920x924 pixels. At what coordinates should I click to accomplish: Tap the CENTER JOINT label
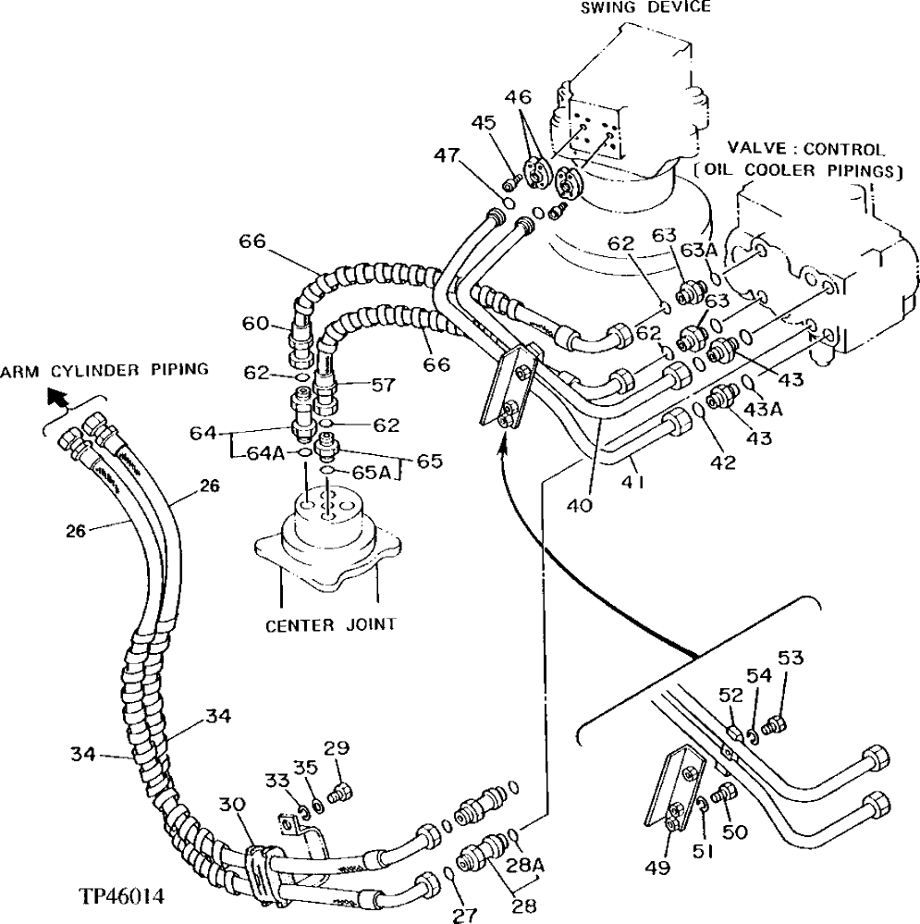[x=330, y=624]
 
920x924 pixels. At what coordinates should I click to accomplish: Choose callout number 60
[x=256, y=323]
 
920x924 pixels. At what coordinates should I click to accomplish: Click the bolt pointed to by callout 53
[x=777, y=723]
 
